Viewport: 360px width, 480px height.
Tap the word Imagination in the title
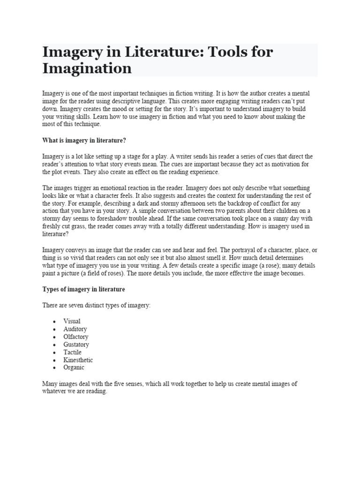tap(87, 68)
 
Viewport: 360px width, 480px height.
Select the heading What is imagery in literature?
tap(84, 140)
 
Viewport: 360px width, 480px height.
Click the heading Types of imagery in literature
tap(83, 289)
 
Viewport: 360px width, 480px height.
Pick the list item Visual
tap(72, 321)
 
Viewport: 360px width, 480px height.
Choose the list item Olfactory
tap(76, 337)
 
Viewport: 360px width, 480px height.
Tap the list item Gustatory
tap(76, 345)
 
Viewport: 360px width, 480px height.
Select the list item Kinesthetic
tap(78, 360)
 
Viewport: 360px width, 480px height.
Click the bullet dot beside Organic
tap(55, 368)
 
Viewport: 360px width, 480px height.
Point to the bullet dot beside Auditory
tap(55, 329)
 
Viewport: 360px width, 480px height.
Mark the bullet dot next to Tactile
tap(55, 352)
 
